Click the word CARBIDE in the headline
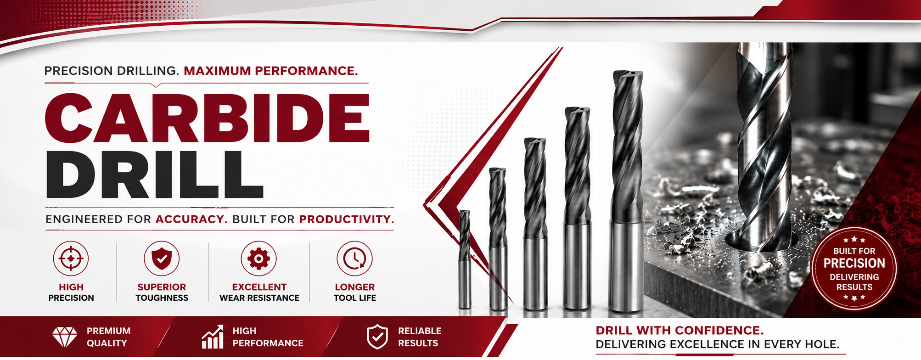click(208, 118)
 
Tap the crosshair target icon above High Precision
click(71, 259)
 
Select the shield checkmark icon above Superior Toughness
click(162, 259)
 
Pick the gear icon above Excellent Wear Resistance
click(259, 259)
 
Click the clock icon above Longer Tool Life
click(354, 259)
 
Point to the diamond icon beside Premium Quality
click(65, 337)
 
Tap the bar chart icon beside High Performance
click(213, 337)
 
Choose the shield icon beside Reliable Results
click(377, 337)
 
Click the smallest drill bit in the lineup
click(465, 259)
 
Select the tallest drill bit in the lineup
click(626, 191)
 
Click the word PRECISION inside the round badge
click(854, 263)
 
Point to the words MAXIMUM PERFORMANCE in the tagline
click(270, 71)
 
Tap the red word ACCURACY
click(191, 219)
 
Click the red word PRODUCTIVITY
click(347, 219)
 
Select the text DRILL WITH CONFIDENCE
click(680, 330)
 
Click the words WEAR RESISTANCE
click(259, 298)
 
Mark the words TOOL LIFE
click(355, 298)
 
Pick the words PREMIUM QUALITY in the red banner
click(108, 337)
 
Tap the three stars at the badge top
click(854, 240)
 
